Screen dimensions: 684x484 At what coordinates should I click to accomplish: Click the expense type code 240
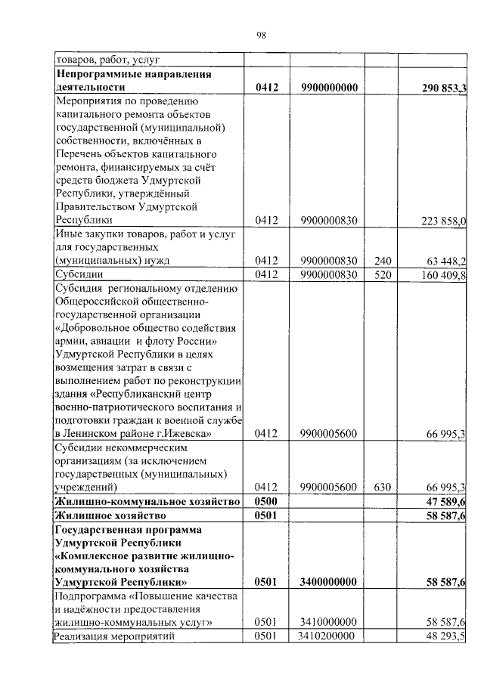click(x=381, y=261)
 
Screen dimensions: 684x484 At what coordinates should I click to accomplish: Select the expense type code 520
click(x=381, y=274)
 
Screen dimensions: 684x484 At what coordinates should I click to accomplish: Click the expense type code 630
click(x=381, y=487)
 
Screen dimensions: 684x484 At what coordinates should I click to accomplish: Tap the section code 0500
click(x=267, y=502)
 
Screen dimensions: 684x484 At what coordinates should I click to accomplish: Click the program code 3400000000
click(x=327, y=582)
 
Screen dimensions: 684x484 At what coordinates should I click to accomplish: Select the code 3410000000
click(x=327, y=622)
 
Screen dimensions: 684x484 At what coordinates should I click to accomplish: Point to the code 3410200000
click(x=327, y=636)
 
